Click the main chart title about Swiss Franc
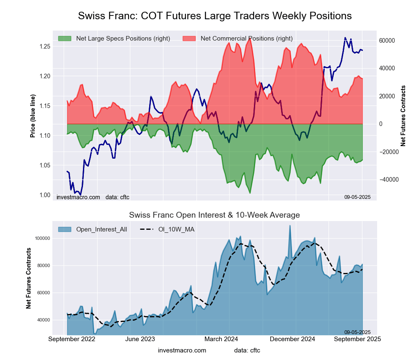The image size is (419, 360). click(215, 16)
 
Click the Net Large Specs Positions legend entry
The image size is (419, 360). click(122, 39)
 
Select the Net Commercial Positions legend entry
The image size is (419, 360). click(246, 39)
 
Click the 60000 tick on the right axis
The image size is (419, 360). click(387, 41)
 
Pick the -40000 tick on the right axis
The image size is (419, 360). click(386, 180)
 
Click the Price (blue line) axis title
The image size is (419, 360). click(33, 116)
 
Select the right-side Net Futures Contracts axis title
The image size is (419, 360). click(403, 116)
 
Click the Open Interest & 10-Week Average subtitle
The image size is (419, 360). click(214, 215)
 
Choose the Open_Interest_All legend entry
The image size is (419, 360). click(101, 229)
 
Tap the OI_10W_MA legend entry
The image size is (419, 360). click(176, 229)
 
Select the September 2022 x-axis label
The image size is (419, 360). click(72, 339)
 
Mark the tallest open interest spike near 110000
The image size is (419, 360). click(290, 226)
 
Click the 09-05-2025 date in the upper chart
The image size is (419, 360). click(357, 197)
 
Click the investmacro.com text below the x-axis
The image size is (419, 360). click(182, 350)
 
